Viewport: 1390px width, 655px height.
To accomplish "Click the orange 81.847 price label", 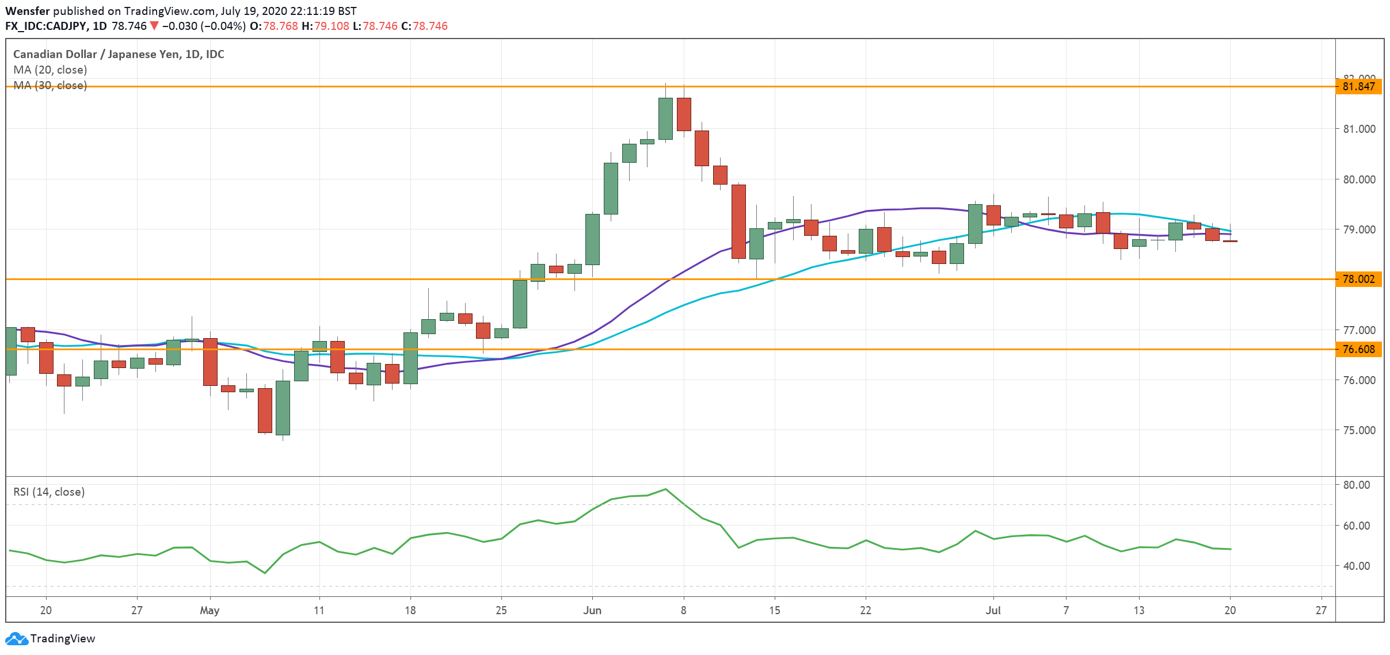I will pyautogui.click(x=1358, y=87).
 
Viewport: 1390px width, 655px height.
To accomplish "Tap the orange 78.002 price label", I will pyautogui.click(x=1358, y=279).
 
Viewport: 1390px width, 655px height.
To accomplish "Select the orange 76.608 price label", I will pyautogui.click(x=1358, y=350).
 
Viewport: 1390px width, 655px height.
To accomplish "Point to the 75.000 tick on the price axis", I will pyautogui.click(x=1359, y=430).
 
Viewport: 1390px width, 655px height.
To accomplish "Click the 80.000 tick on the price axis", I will pyautogui.click(x=1359, y=179).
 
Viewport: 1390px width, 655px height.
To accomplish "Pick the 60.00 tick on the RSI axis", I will pyautogui.click(x=1357, y=526).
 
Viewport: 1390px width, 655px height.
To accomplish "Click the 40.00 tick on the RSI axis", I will pyautogui.click(x=1357, y=566).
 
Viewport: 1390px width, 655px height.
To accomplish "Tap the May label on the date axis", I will pyautogui.click(x=210, y=611).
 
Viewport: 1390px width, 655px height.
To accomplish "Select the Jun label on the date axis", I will pyautogui.click(x=592, y=611).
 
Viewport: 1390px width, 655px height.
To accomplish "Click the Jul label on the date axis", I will pyautogui.click(x=993, y=611).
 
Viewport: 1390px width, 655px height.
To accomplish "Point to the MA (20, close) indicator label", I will pyautogui.click(x=50, y=70).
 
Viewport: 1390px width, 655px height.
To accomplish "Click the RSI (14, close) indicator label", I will pyautogui.click(x=49, y=492).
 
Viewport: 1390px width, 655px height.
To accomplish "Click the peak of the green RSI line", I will pyautogui.click(x=665, y=489).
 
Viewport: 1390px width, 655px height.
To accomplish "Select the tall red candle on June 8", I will pyautogui.click(x=684, y=114).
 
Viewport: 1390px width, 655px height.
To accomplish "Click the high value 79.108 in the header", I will pyautogui.click(x=332, y=26).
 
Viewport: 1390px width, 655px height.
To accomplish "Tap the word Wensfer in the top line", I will pyautogui.click(x=28, y=11).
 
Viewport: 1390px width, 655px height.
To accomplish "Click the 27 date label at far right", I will pyautogui.click(x=1320, y=611).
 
